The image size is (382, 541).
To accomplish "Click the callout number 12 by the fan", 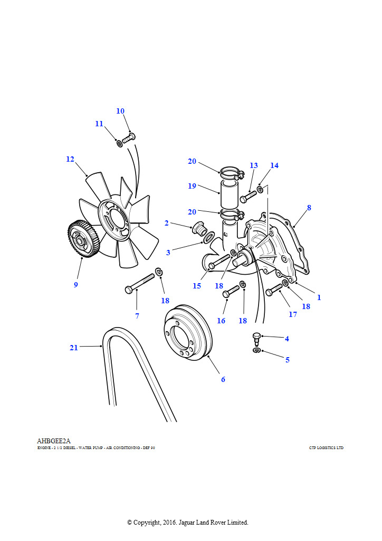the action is pyautogui.click(x=70, y=159).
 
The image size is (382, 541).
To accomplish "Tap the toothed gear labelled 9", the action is pyautogui.click(x=82, y=239).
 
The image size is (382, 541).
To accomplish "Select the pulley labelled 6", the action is pyautogui.click(x=188, y=332).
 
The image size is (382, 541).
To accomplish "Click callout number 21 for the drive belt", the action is pyautogui.click(x=74, y=348).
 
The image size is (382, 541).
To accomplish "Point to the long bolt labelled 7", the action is pyautogui.click(x=140, y=283).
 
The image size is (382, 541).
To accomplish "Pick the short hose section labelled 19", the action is pyautogui.click(x=229, y=194).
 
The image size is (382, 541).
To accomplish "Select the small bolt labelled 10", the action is pyautogui.click(x=129, y=139).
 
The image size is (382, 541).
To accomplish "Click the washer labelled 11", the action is pyautogui.click(x=119, y=143).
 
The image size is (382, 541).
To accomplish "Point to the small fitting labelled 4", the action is pyautogui.click(x=256, y=339).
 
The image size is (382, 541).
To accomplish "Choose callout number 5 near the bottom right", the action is pyautogui.click(x=287, y=360).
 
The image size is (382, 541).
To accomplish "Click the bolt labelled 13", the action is pyautogui.click(x=249, y=197).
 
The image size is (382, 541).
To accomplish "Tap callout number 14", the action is pyautogui.click(x=274, y=165).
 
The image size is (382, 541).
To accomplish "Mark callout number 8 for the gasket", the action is pyautogui.click(x=309, y=208).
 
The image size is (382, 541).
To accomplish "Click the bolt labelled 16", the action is pyautogui.click(x=231, y=291).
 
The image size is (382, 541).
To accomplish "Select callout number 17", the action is pyautogui.click(x=293, y=314).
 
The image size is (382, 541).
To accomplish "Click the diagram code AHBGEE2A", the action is pyautogui.click(x=54, y=441).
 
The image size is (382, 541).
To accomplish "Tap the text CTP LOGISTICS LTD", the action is pyautogui.click(x=326, y=448).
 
